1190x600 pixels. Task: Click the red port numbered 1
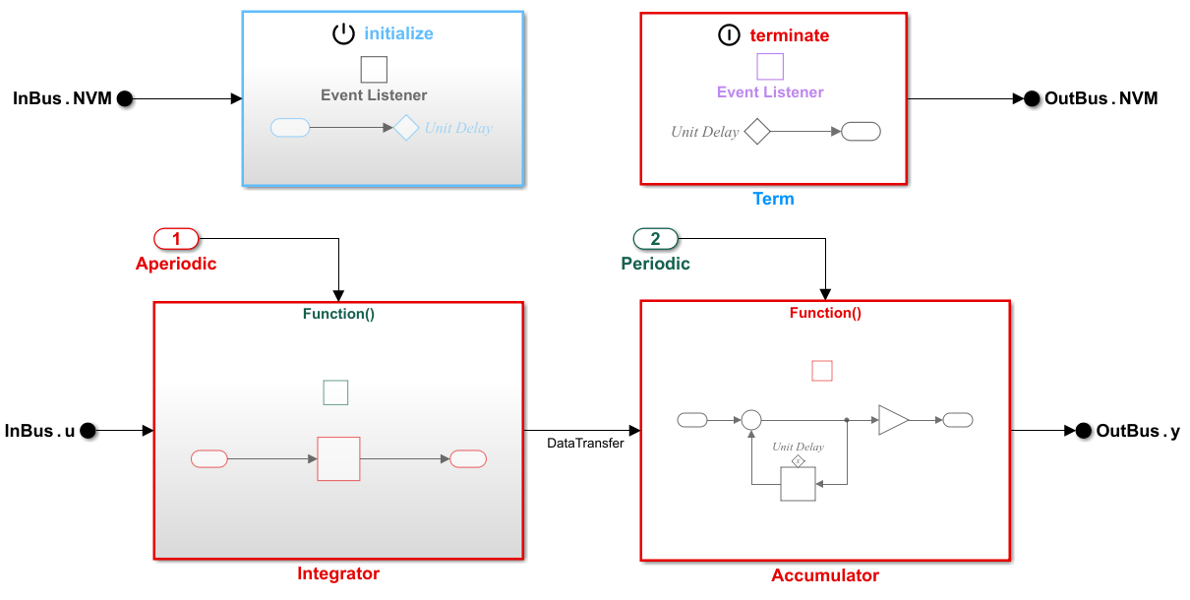click(176, 238)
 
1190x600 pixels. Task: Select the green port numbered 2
click(655, 238)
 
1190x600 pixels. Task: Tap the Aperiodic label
click(176, 264)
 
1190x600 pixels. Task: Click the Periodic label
click(655, 264)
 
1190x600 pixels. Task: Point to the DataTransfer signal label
click(585, 444)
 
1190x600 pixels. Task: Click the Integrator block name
click(338, 573)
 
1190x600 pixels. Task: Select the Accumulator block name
click(825, 575)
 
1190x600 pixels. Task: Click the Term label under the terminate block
click(773, 199)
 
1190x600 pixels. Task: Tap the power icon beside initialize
click(343, 33)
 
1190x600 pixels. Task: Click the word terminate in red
click(790, 35)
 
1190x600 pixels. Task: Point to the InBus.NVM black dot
click(124, 98)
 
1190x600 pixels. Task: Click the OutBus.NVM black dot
click(1032, 98)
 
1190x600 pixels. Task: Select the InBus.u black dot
click(88, 430)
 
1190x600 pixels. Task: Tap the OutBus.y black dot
click(1084, 430)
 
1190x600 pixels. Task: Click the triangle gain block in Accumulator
click(893, 420)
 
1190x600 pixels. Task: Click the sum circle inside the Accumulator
click(751, 420)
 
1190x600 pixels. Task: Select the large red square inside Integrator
click(338, 458)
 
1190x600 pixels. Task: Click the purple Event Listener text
click(770, 92)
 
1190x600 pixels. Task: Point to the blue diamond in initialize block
click(407, 128)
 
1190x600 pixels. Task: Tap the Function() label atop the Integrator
click(338, 315)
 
